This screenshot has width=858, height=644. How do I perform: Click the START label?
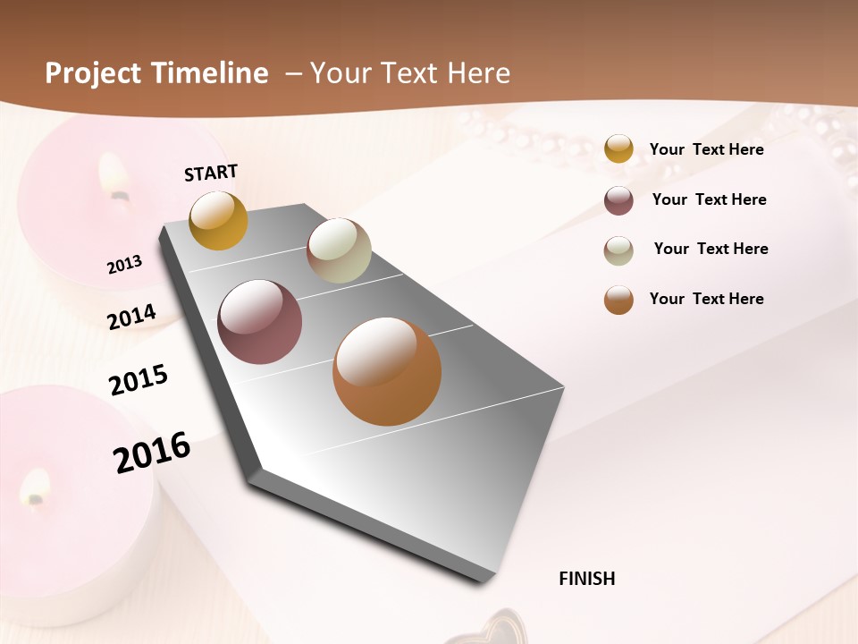[211, 173]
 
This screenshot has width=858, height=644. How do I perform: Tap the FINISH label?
[587, 579]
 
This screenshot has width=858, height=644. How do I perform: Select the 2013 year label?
[124, 265]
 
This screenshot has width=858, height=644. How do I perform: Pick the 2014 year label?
[131, 318]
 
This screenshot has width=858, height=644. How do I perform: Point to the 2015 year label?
[139, 380]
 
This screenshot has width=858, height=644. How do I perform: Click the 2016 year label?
[152, 452]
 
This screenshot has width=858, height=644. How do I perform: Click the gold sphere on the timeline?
[218, 220]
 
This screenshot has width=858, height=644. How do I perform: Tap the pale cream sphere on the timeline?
[339, 250]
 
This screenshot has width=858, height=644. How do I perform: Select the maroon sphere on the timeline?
[259, 322]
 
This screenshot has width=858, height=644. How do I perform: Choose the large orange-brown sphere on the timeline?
[387, 371]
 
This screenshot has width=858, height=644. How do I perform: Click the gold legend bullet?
[618, 149]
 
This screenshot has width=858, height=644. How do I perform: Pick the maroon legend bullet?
[618, 200]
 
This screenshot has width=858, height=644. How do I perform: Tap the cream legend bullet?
[618, 250]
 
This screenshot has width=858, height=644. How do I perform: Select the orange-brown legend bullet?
[618, 300]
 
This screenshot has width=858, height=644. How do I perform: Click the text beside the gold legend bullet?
[706, 149]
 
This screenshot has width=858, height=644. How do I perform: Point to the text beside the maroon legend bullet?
[709, 199]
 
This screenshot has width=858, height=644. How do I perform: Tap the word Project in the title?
[91, 73]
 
